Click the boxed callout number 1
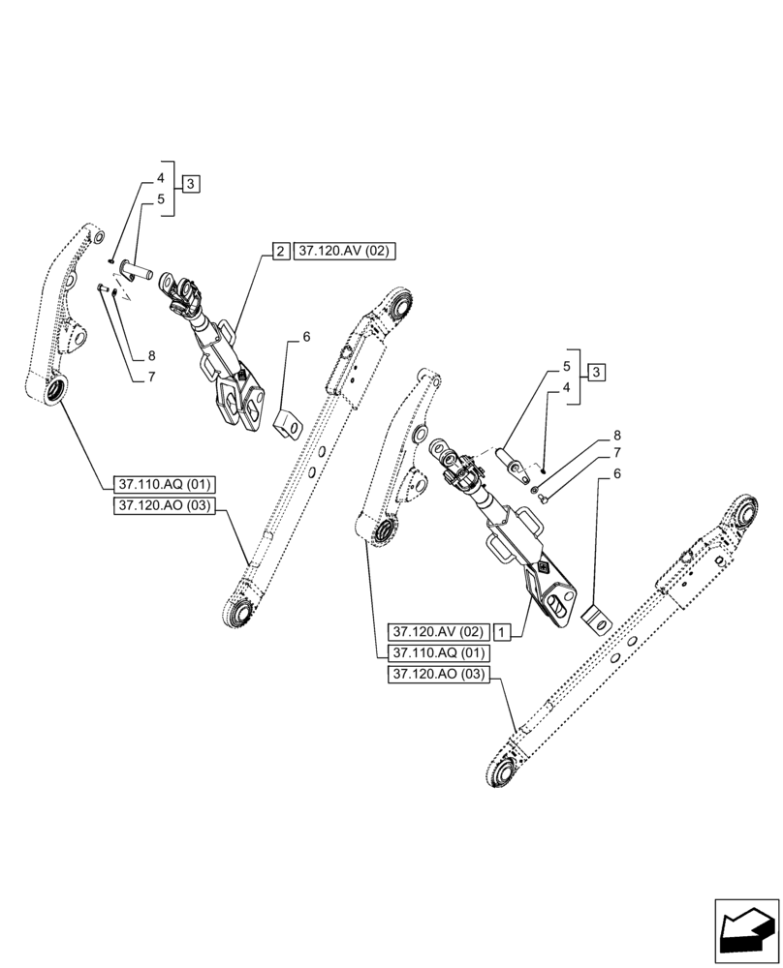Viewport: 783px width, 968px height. (502, 631)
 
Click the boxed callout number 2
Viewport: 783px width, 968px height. (279, 252)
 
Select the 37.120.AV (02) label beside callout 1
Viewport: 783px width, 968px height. (438, 631)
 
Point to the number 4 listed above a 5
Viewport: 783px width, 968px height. (160, 179)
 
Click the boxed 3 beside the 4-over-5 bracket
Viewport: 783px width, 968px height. (191, 184)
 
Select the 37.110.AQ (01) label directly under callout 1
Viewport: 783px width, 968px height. (438, 652)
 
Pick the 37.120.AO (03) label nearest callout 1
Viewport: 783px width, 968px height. (438, 675)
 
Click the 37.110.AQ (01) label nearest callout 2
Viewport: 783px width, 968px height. (165, 483)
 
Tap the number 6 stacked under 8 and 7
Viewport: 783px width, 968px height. (616, 474)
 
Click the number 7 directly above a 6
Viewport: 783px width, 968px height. (616, 454)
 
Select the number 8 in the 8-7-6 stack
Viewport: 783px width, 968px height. (616, 436)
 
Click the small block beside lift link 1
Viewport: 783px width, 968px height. (596, 618)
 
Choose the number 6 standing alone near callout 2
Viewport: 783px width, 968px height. (306, 337)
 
